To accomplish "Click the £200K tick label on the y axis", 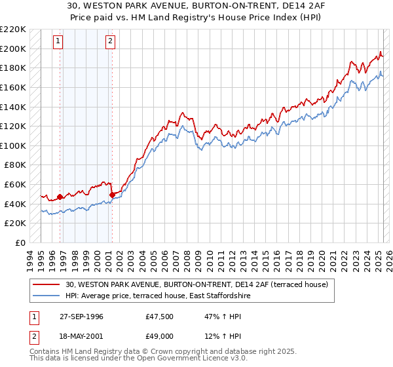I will point(13,48).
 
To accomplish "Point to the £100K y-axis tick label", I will point(13,145).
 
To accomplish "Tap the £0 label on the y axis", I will point(20,242).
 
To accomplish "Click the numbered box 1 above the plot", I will point(58,41).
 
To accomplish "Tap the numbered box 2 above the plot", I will point(109,41).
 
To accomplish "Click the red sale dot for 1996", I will point(60,197).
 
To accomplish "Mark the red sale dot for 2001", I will point(112,195).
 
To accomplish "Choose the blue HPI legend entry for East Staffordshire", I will point(158,296).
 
